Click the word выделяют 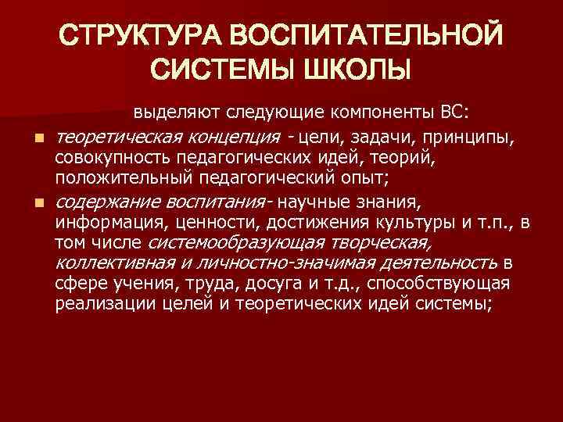[x=169, y=113]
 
